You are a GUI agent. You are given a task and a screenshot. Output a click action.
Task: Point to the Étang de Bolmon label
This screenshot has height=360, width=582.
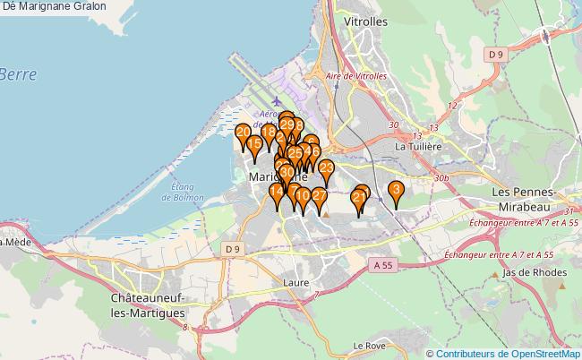(x=183, y=192)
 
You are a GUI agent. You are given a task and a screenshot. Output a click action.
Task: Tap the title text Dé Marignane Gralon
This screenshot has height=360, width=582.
(x=55, y=6)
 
